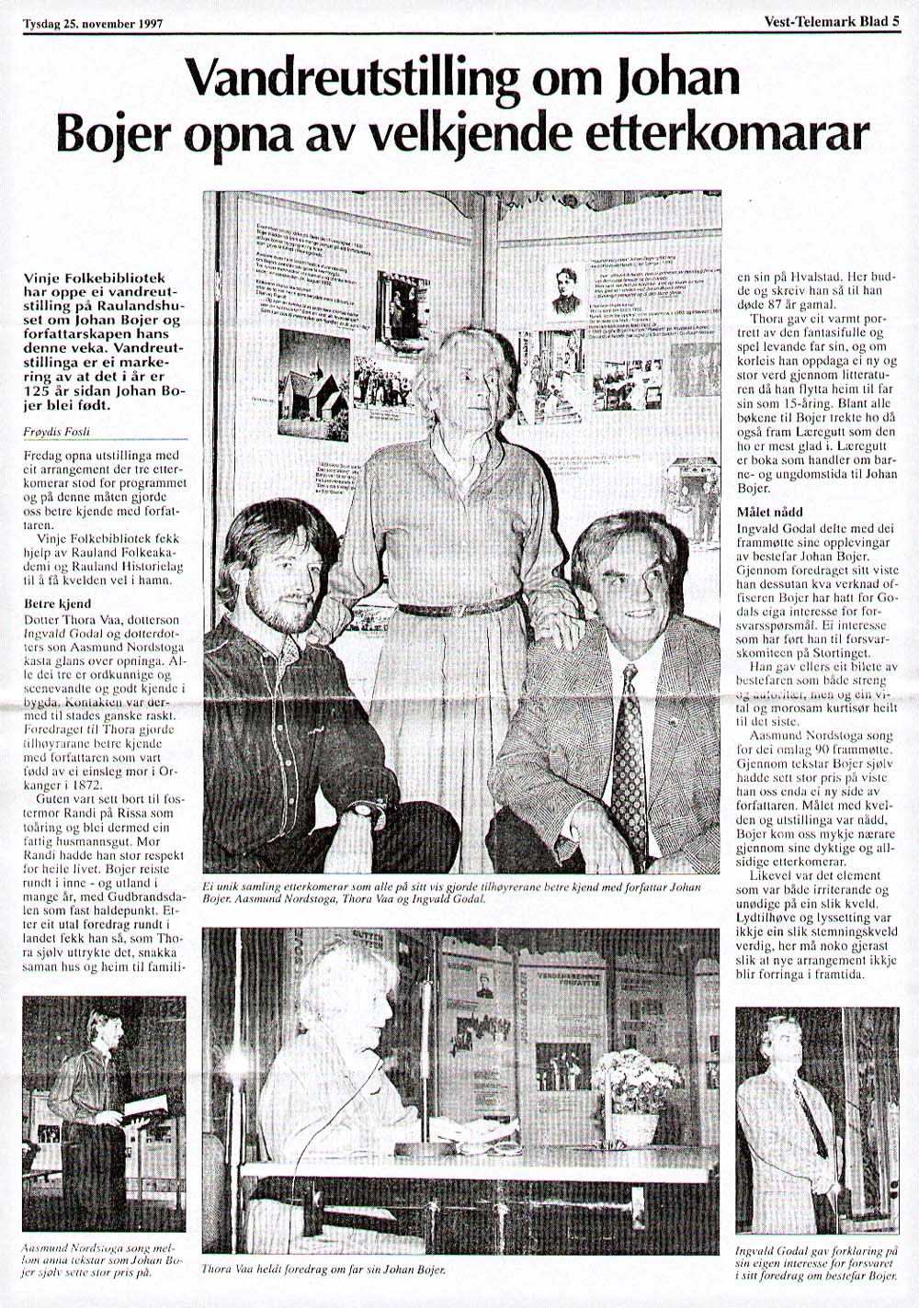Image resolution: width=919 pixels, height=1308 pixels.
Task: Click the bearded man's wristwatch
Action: tap(365, 810)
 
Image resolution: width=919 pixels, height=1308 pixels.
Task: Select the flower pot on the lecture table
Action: tap(635, 1127)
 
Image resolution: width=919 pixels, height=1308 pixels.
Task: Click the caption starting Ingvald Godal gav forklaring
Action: tap(817, 1264)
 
